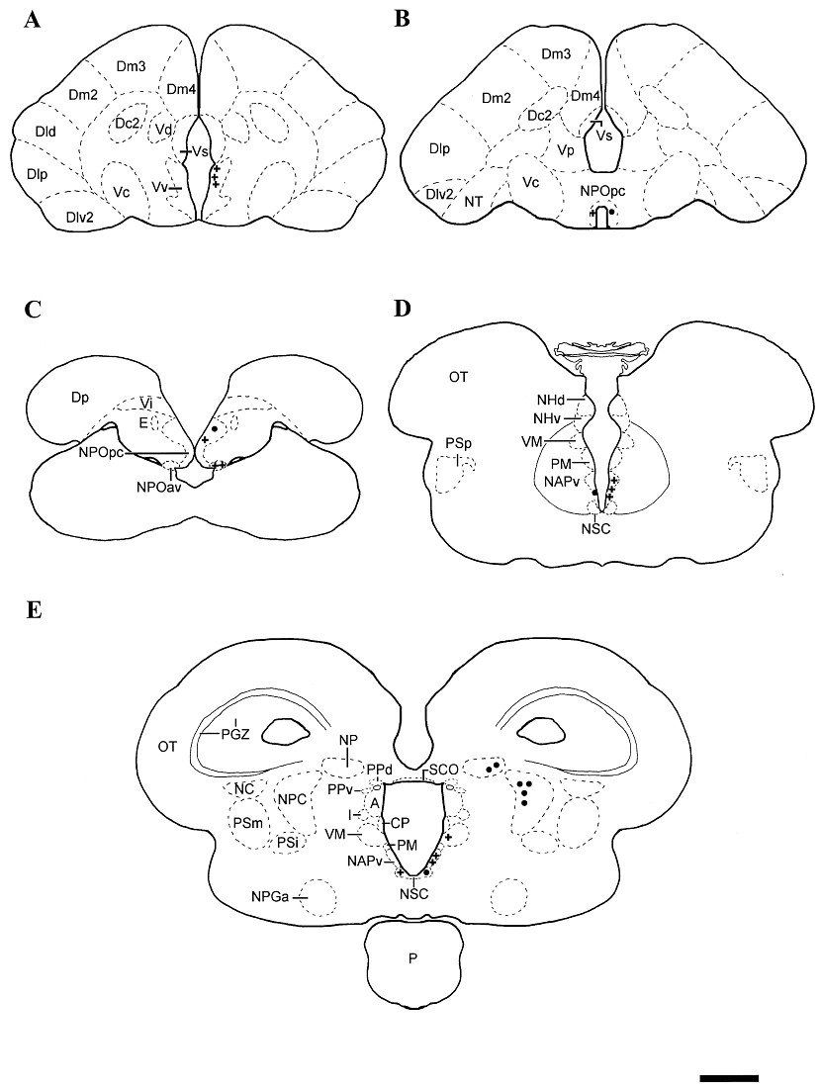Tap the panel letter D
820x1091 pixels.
point(402,310)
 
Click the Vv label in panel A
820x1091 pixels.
point(159,185)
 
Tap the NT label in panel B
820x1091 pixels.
point(473,200)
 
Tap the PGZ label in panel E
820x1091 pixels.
point(237,734)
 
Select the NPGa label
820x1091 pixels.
point(270,896)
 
